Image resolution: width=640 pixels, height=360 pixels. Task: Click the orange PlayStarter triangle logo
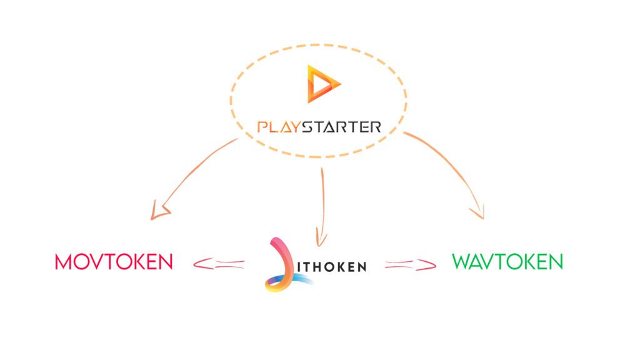tap(322, 83)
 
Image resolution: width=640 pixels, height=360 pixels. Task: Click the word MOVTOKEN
tap(114, 261)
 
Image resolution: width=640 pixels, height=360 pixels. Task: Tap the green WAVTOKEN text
tap(507, 261)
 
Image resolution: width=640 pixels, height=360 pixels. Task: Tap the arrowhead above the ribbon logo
tap(321, 237)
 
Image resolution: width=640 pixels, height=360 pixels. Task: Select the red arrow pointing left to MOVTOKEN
tap(217, 264)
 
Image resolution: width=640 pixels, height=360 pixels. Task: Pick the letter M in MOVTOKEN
tap(63, 261)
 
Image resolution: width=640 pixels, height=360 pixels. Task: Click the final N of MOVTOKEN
tap(165, 261)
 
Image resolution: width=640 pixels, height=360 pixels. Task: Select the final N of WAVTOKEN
tap(556, 261)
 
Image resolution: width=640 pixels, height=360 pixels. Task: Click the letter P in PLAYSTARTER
tap(262, 127)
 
